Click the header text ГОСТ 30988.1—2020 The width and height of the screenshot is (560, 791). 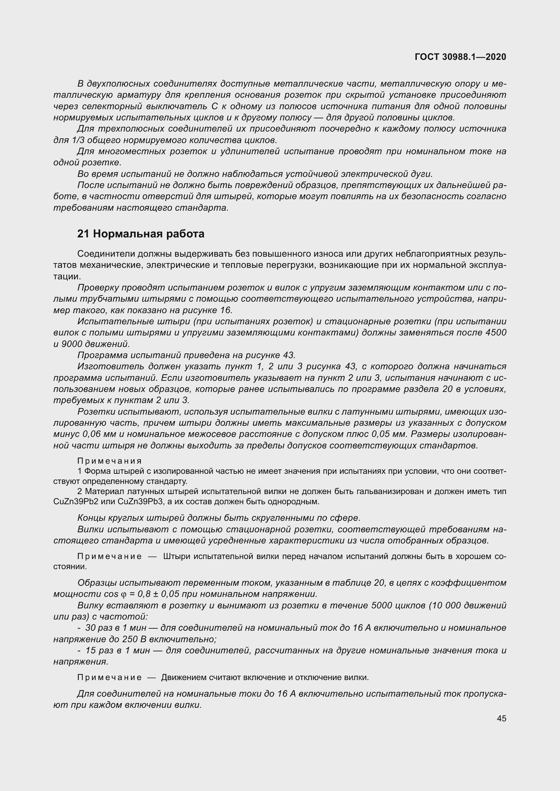(x=460, y=57)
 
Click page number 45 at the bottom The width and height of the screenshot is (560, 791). (x=501, y=718)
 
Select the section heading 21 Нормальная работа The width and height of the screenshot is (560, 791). (x=141, y=234)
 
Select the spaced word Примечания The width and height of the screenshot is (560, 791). (x=109, y=461)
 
